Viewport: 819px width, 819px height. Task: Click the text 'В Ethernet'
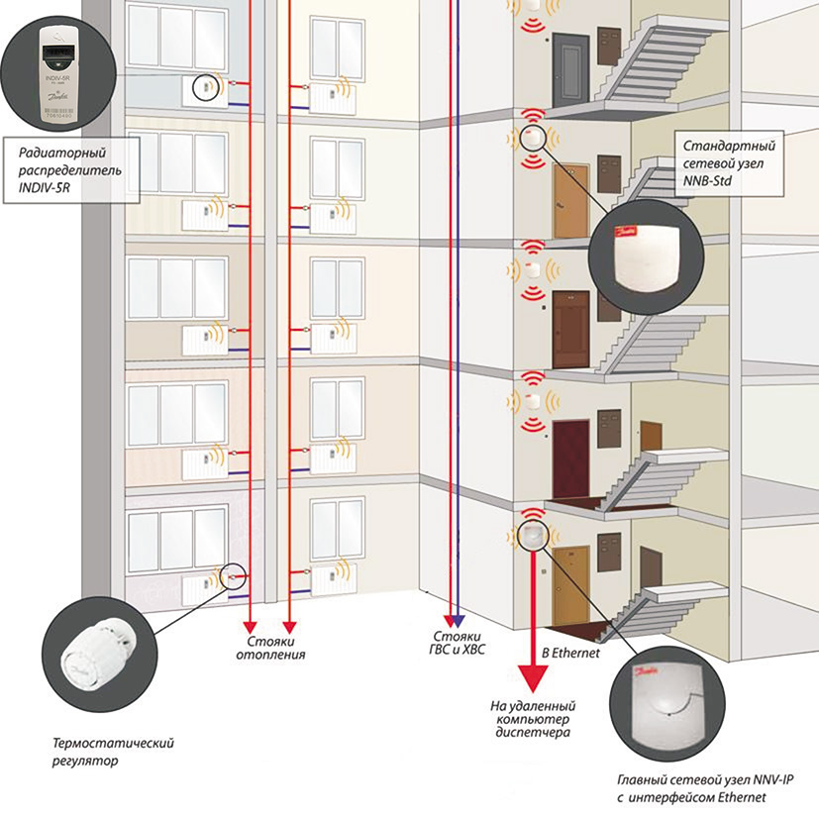569,655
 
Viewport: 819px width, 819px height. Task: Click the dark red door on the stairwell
570,456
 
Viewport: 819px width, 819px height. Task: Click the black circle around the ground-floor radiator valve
235,575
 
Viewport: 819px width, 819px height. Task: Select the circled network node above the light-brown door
533,136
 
